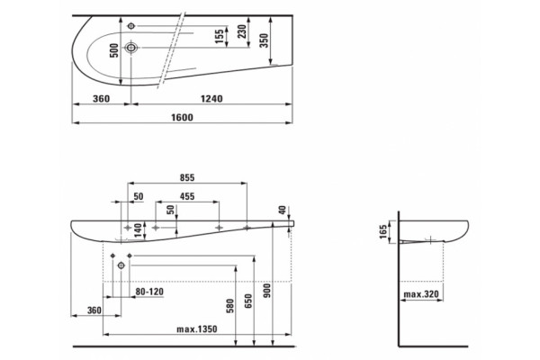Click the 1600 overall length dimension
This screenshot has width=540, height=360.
182,118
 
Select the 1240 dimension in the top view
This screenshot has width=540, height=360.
211,99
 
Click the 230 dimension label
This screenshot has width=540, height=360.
242,31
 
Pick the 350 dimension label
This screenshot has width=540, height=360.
264,40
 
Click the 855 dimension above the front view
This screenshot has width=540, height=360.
187,178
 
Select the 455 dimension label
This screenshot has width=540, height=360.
187,196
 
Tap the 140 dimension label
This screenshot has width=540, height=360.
138,230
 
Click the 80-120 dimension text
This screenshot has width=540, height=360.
149,292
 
